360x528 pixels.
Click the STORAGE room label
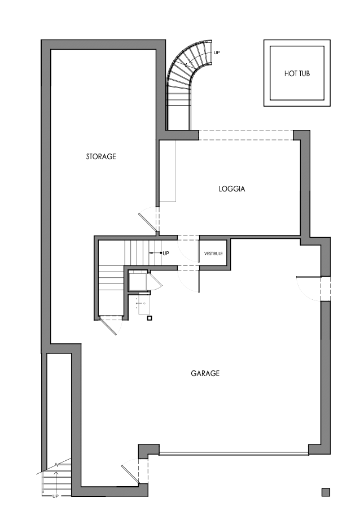point(101,156)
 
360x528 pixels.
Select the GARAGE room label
point(205,373)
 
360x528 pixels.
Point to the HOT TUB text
point(297,73)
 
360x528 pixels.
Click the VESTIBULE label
point(213,254)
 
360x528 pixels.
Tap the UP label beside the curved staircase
point(217,53)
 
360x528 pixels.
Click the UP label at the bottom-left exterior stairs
point(55,496)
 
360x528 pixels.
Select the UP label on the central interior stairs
point(166,253)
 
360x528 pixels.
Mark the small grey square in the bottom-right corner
point(326,492)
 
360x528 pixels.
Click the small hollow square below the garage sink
point(150,318)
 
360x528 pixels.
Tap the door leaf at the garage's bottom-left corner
point(131,473)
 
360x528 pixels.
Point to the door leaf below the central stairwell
point(109,327)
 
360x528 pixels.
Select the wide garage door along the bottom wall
point(233,452)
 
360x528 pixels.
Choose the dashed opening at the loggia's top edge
point(245,135)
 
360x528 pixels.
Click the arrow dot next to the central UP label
point(160,253)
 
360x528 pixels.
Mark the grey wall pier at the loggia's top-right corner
point(302,136)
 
